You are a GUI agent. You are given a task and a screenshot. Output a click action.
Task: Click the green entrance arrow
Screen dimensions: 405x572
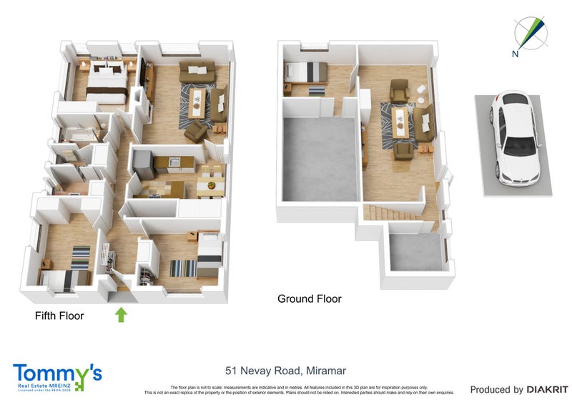coord(121,314)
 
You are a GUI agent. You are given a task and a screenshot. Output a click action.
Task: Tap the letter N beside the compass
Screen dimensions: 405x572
coord(515,53)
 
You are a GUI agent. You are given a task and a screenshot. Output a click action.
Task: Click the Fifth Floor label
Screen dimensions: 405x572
coord(59,315)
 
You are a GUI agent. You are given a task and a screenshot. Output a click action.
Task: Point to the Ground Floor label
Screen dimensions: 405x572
coord(309,299)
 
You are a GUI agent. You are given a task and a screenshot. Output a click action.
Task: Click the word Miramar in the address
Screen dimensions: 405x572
coord(325,371)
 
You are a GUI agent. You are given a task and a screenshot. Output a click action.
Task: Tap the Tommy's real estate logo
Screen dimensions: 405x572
coord(57,376)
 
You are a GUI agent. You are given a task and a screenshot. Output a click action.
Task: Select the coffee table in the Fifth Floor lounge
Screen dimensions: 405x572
coord(199,101)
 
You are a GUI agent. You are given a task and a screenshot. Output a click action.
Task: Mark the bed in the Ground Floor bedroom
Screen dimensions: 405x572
coord(306,72)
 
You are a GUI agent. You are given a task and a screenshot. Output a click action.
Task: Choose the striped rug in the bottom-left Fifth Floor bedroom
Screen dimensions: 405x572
coord(81,255)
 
